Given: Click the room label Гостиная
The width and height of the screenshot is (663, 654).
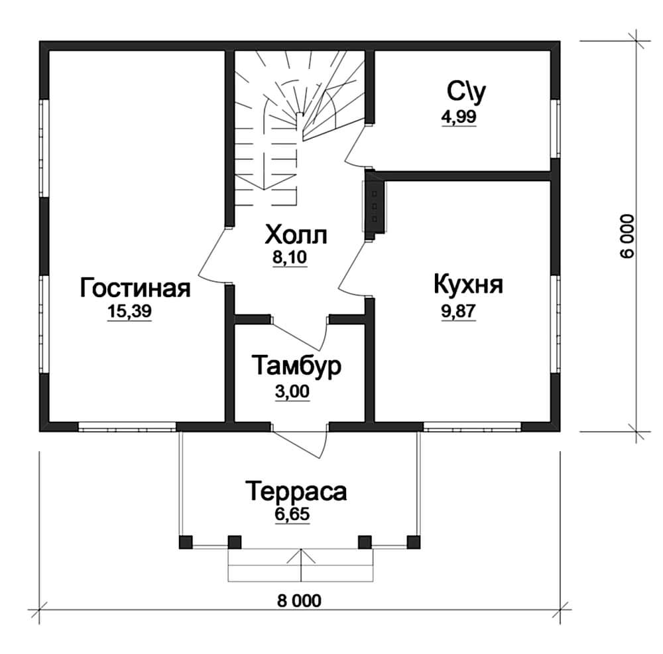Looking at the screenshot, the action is [135, 288].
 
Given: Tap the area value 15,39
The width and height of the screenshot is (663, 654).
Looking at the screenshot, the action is [129, 311].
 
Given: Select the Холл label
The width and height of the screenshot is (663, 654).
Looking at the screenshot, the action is [296, 235].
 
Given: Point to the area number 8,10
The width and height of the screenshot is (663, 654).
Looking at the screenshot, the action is [290, 257].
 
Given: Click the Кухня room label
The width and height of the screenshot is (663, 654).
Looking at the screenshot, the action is [469, 285].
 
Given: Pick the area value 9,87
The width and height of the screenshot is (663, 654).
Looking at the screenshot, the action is [459, 311].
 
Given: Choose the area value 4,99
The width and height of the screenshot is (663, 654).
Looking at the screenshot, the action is [459, 116].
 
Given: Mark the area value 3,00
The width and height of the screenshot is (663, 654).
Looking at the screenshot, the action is [292, 392].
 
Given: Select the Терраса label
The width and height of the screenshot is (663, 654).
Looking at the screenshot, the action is [296, 491].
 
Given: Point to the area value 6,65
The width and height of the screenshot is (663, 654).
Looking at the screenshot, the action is [292, 515].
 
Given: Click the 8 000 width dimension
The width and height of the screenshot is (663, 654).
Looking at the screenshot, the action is [300, 601].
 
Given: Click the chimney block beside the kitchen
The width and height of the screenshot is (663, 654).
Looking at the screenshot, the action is [375, 206].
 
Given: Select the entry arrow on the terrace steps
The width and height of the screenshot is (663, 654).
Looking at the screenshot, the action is [300, 564].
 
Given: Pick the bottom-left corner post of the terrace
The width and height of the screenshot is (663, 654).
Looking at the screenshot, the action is [186, 543].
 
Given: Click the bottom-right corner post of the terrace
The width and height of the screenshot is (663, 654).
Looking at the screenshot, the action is [414, 543].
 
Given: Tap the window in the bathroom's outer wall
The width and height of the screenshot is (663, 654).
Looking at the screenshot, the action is [556, 129].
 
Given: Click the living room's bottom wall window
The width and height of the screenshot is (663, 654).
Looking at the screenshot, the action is [127, 427].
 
